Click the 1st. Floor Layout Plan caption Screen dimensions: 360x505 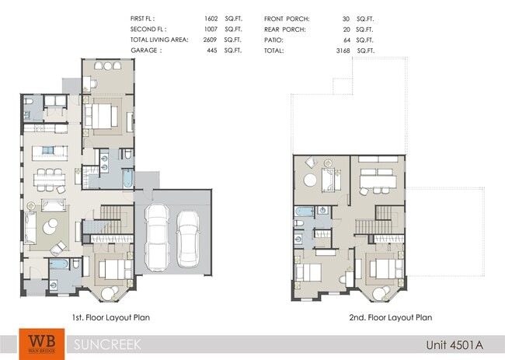pyautogui.click(x=104, y=317)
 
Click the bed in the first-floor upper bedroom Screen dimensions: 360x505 pyautogui.click(x=102, y=117)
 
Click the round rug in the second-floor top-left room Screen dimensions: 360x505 pyautogui.click(x=311, y=180)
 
